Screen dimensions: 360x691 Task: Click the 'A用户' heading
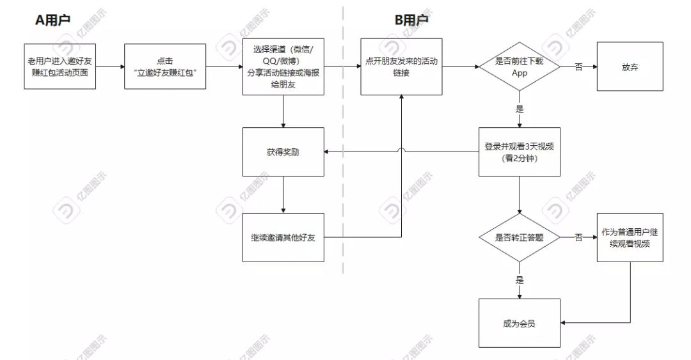(x=52, y=20)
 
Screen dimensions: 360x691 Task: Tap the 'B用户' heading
(x=411, y=20)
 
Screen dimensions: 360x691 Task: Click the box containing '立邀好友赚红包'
(x=164, y=66)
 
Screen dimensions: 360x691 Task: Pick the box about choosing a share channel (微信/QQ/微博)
(x=283, y=67)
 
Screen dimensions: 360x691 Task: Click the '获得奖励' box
(x=283, y=152)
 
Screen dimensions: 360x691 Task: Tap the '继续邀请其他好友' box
(x=283, y=237)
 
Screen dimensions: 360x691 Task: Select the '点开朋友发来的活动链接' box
(x=401, y=67)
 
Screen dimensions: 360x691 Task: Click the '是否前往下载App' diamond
(x=519, y=67)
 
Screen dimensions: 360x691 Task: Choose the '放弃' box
(x=630, y=67)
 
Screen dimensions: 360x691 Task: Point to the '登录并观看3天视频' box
(x=519, y=152)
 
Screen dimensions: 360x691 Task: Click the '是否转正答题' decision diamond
(x=519, y=237)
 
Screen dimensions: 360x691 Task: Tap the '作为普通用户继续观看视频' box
(x=630, y=237)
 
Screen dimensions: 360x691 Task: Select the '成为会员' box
(x=519, y=323)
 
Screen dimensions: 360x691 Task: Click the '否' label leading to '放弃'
(x=578, y=67)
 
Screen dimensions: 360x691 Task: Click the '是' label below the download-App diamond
(x=519, y=109)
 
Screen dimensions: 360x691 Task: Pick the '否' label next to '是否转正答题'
(x=578, y=237)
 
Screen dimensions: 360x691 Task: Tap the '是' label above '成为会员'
(x=519, y=280)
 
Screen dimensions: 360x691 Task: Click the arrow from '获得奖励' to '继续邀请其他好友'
(x=283, y=195)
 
